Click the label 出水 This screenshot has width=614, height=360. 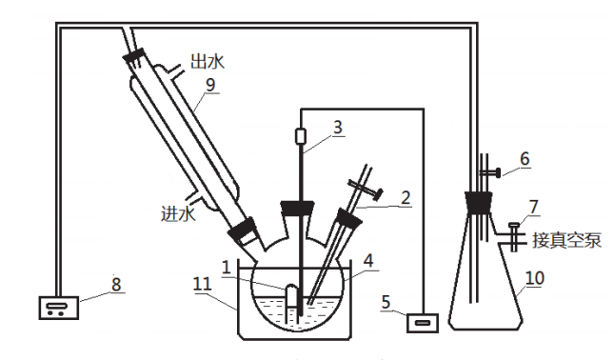pos(208,62)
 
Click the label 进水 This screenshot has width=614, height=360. pos(178,214)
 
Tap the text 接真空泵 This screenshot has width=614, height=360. pos(566,240)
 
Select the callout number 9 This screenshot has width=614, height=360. pos(210,85)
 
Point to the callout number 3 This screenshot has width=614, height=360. pos(338,128)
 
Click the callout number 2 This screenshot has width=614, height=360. pos(406,198)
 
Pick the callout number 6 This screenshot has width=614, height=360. pos(525,159)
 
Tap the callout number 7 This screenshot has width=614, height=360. pos(534,208)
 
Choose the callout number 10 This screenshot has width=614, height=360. pos(535,278)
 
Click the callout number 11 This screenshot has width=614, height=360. pos(203,284)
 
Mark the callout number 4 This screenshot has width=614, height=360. pos(368,261)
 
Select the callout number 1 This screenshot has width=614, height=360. pos(226,268)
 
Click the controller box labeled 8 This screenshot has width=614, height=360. pos(59,308)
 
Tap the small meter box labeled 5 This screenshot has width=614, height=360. pos(422,323)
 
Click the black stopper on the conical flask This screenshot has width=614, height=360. pos(478,203)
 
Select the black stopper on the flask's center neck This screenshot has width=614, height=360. pos(297,208)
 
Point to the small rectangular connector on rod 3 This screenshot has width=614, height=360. pos(301,137)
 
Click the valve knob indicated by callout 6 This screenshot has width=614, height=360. pos(498,172)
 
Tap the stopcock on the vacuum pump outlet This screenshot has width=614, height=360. pos(514,236)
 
